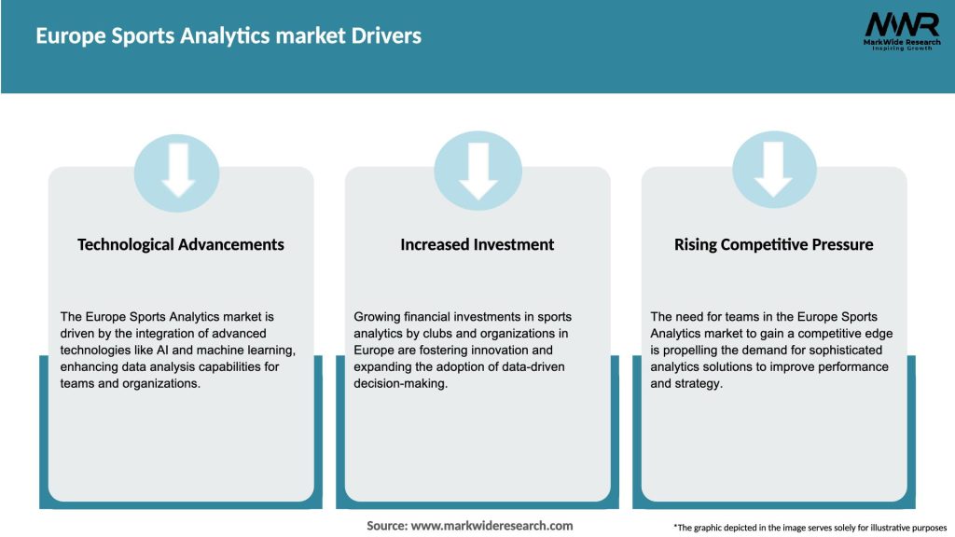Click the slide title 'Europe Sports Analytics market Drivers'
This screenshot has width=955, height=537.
click(x=228, y=36)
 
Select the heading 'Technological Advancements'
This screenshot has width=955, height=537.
click(x=181, y=244)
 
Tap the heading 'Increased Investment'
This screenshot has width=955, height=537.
click(x=477, y=244)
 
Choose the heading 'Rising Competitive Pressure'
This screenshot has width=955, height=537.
click(x=774, y=244)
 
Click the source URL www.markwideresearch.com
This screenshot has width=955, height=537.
click(x=491, y=526)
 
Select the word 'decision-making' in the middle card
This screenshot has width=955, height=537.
click(x=400, y=383)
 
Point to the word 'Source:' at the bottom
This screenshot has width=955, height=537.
click(x=386, y=526)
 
